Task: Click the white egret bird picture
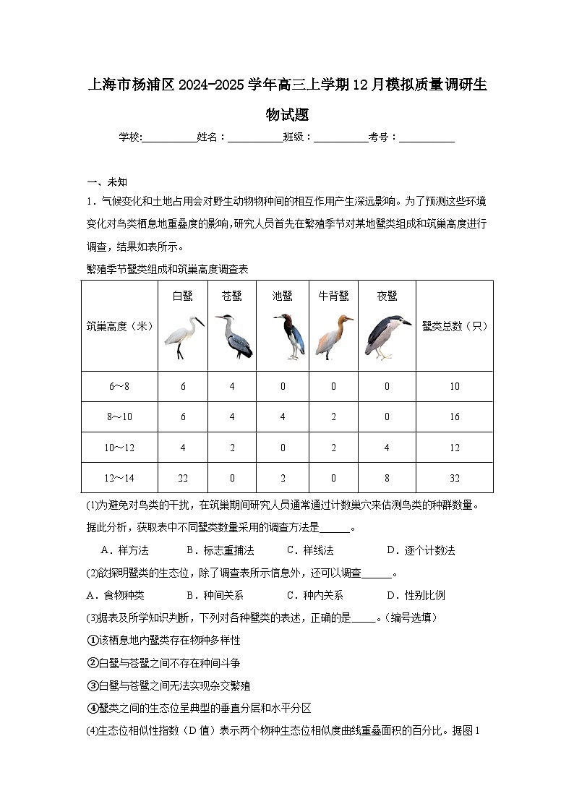pos(183,338)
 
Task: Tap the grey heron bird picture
pos(233,336)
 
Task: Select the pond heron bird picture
pos(289,337)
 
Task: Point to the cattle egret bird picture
pos(333,337)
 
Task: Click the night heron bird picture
pos(386,337)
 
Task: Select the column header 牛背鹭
pos(333,296)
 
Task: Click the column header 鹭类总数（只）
pos(455,326)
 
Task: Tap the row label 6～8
pos(119,386)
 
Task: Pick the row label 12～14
pos(119,478)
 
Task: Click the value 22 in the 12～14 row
pos(183,478)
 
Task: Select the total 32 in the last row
pos(455,478)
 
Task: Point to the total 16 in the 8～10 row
pos(455,417)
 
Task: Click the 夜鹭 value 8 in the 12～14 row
pos(387,478)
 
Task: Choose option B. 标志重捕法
pos(220,550)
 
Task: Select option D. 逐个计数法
pos(421,550)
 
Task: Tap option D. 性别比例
pos(416,595)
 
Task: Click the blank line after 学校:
pos(170,137)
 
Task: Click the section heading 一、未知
pos(107,182)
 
